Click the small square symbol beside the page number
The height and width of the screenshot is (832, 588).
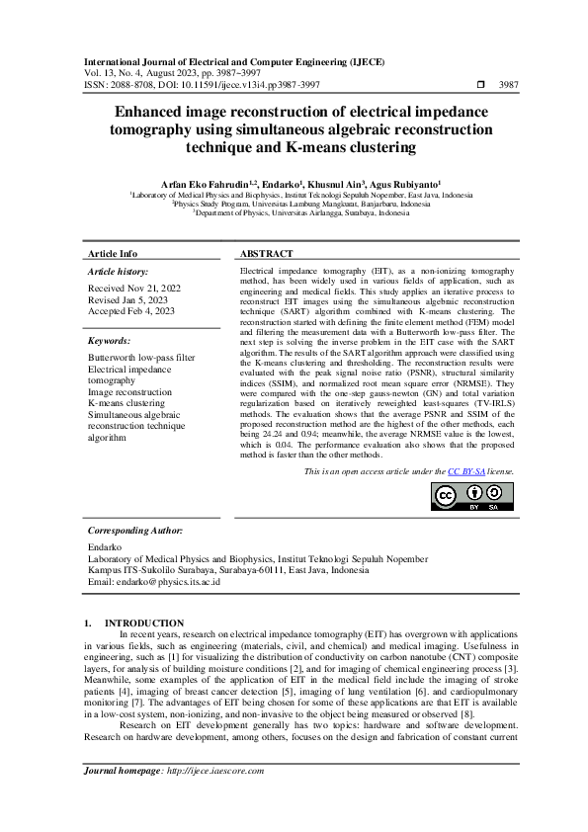pos(480,86)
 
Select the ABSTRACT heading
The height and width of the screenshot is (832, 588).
pos(266,254)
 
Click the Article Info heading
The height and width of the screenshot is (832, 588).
pos(113,254)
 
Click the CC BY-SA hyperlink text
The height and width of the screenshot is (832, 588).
pos(466,472)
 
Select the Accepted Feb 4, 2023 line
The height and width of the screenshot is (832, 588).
pos(130,310)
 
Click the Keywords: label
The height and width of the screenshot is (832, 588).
pos(109,340)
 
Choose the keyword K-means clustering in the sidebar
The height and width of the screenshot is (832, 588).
pos(126,403)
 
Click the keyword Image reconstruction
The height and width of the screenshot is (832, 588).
pos(130,392)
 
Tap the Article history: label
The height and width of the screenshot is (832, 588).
pos(119,270)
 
